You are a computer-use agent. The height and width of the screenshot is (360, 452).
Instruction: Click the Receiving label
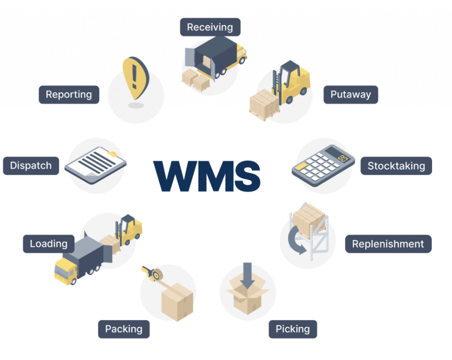tap(210, 27)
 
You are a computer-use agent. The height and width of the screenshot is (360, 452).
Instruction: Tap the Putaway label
tap(350, 94)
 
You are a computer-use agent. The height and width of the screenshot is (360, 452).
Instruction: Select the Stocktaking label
tap(396, 166)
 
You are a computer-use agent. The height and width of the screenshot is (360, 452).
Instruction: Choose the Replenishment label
tap(388, 244)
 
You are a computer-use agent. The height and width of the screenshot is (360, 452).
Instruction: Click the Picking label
tap(293, 329)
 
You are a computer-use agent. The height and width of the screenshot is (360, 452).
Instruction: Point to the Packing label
tap(124, 329)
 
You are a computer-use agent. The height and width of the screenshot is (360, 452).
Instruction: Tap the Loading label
tap(49, 244)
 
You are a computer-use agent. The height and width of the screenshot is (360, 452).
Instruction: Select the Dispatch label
tap(30, 166)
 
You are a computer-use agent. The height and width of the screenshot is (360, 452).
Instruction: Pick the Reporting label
tap(68, 94)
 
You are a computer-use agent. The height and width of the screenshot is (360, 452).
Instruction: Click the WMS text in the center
tap(207, 175)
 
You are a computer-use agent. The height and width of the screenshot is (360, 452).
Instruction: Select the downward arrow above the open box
tap(248, 274)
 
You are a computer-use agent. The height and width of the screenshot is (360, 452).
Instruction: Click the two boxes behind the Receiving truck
tap(196, 80)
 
